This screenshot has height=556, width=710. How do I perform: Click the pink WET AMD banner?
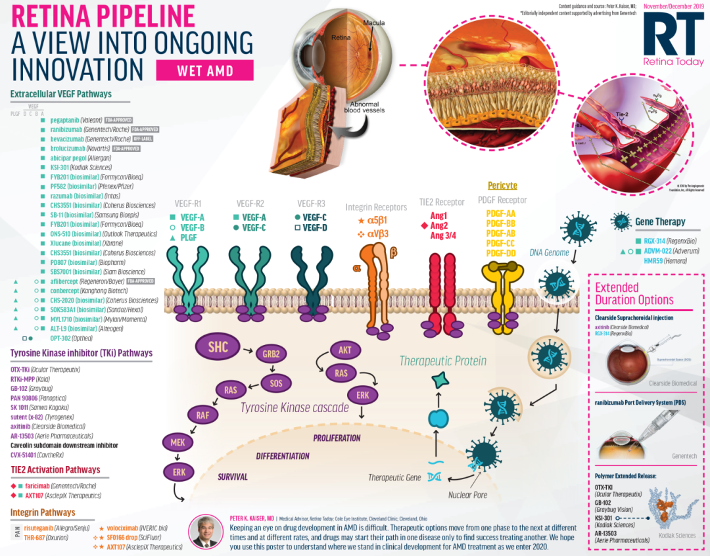click(205, 70)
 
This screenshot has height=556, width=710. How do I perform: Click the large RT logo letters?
click(673, 34)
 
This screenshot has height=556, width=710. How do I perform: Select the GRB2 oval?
click(272, 354)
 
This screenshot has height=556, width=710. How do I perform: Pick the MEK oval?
click(177, 442)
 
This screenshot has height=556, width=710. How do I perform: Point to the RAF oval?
click(202, 415)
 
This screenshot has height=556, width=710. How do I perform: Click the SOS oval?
click(275, 382)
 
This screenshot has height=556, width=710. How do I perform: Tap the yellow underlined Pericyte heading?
click(502, 186)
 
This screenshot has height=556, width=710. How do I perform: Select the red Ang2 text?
click(438, 225)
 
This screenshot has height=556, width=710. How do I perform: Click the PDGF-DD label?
click(501, 253)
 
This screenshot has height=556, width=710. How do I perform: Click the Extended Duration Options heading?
click(634, 294)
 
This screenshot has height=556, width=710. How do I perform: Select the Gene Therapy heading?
click(660, 222)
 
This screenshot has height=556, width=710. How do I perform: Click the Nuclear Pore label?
click(467, 494)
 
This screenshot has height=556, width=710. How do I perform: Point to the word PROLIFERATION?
click(337, 438)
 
